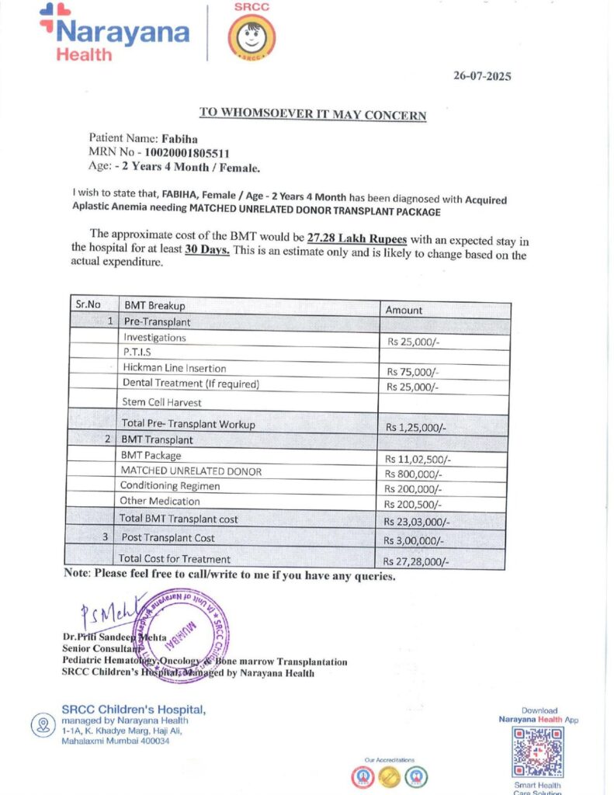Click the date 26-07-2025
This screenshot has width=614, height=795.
(x=482, y=76)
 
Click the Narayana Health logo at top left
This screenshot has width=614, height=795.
(x=115, y=33)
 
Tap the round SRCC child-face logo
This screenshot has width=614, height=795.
(x=251, y=36)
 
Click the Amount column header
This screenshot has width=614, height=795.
(x=404, y=310)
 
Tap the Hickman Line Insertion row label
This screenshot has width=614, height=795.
(x=175, y=368)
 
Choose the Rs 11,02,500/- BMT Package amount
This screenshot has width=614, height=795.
(x=418, y=459)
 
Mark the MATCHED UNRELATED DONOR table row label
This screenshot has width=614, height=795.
(x=191, y=471)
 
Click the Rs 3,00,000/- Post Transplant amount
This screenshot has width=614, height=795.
(x=415, y=541)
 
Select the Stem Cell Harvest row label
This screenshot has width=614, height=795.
(x=162, y=402)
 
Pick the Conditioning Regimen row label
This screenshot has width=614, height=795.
(x=170, y=486)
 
